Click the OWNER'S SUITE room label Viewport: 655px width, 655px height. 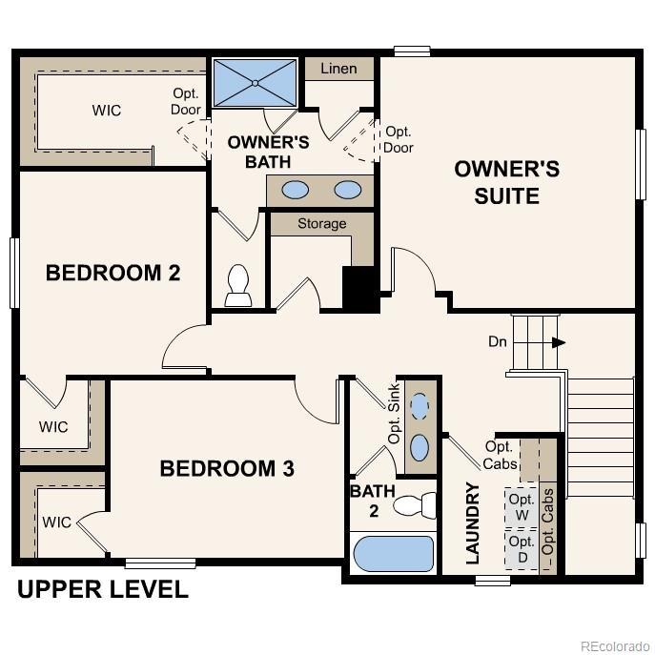pyautogui.click(x=506, y=182)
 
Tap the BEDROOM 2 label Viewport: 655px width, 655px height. pyautogui.click(x=113, y=274)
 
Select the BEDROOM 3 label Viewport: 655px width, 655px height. pyautogui.click(x=226, y=468)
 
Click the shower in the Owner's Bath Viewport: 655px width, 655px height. pyautogui.click(x=255, y=83)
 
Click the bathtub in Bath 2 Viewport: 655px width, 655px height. pyautogui.click(x=393, y=553)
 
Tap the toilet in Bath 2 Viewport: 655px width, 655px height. pyautogui.click(x=415, y=504)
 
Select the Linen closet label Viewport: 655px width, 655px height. pyautogui.click(x=338, y=69)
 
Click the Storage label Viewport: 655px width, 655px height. pyautogui.click(x=321, y=224)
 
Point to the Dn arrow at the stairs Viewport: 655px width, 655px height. pyautogui.click(x=557, y=342)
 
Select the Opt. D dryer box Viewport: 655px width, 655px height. pyautogui.click(x=521, y=549)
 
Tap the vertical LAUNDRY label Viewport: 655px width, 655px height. pyautogui.click(x=472, y=524)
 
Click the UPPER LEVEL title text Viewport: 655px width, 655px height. pyautogui.click(x=102, y=590)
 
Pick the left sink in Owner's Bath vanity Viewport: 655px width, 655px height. pyautogui.click(x=296, y=189)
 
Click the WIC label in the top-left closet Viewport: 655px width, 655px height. pyautogui.click(x=106, y=111)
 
